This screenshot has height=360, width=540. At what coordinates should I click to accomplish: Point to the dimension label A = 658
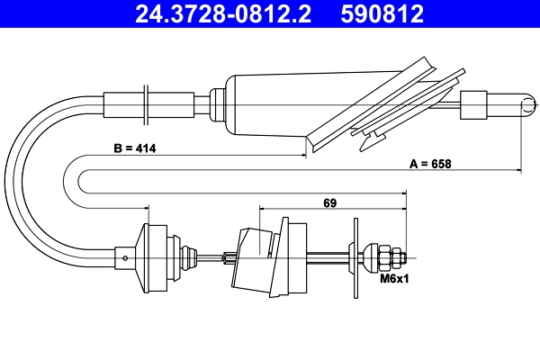point(430,164)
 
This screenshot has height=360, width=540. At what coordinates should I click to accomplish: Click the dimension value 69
point(329,203)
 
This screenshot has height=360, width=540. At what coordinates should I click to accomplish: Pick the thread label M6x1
point(392,280)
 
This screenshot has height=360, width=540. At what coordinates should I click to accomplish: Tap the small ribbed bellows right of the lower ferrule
point(190,257)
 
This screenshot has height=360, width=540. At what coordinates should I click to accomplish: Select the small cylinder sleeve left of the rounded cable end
point(474,103)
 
